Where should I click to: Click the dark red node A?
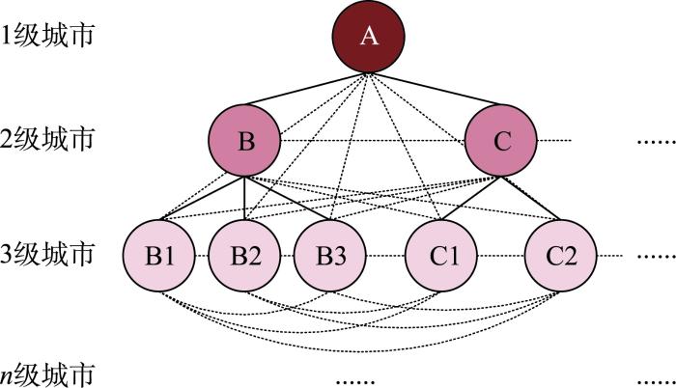tap(368, 36)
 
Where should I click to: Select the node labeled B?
tap(244, 140)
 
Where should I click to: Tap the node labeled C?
tap(501, 140)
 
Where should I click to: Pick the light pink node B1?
tap(159, 255)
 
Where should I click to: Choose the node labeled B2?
tap(244, 255)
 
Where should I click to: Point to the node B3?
tap(330, 255)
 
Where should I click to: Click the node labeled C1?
tap(441, 255)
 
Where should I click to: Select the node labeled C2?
tap(560, 255)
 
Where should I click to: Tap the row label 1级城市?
tap(47, 35)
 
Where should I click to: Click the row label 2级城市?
tap(47, 139)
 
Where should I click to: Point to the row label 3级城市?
tap(47, 254)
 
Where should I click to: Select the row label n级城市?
tap(47, 374)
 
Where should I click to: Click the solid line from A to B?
tap(306, 89)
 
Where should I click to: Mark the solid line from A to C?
tap(435, 89)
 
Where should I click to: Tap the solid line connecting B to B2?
tap(244, 198)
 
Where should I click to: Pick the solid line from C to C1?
tap(471, 198)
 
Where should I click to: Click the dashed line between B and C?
tap(373, 141)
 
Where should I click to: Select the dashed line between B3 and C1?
tap(386, 256)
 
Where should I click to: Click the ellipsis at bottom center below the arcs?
tap(355, 381)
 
